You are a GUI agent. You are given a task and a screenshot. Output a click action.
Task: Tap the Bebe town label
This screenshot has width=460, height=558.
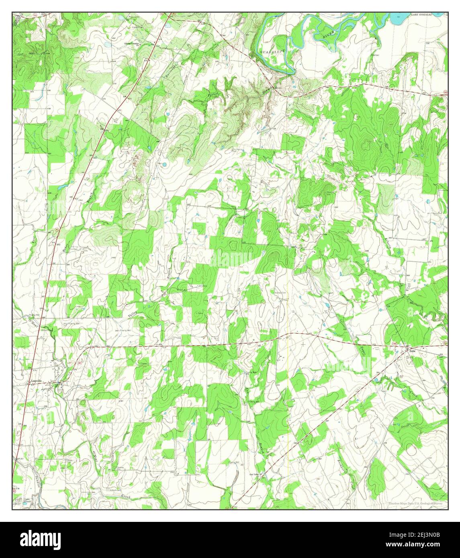(x=412, y=350)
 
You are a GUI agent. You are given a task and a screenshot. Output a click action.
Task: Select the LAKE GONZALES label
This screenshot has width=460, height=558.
(x=421, y=14)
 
